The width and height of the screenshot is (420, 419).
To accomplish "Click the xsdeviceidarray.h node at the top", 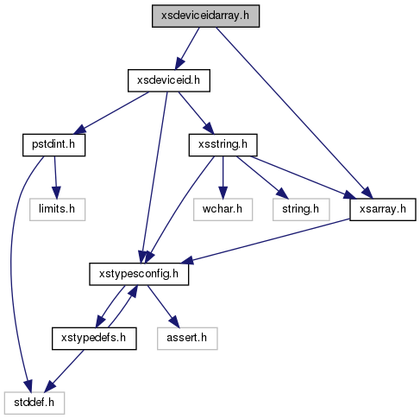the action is click(x=205, y=16).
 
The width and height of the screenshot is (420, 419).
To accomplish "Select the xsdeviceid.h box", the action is click(x=169, y=80).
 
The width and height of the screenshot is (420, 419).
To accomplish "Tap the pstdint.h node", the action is click(x=53, y=145).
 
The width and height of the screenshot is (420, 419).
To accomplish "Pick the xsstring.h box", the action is click(x=223, y=145).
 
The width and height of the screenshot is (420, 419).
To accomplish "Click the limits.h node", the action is click(x=57, y=210).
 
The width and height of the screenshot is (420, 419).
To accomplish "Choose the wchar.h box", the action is click(x=223, y=210).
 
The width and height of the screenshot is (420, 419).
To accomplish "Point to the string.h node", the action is click(x=301, y=210).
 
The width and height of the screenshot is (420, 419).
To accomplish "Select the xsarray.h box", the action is click(x=383, y=210).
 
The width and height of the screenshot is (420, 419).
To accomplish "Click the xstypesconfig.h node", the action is click(x=139, y=274).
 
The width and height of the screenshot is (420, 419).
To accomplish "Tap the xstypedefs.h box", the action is click(x=94, y=339).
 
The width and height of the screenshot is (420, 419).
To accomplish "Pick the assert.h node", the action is click(x=187, y=339).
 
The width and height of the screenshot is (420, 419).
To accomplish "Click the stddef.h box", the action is click(x=34, y=403).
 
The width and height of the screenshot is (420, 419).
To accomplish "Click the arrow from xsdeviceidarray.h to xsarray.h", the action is click(x=294, y=113).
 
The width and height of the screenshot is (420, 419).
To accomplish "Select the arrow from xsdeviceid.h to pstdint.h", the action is click(x=111, y=113).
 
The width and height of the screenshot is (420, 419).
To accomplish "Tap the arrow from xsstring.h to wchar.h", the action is click(x=223, y=177).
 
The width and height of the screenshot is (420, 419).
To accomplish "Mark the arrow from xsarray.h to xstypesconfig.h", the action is click(x=265, y=241).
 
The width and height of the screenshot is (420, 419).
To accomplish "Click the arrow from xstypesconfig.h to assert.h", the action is click(x=163, y=307).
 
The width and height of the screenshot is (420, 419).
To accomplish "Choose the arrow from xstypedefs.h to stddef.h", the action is click(x=66, y=371).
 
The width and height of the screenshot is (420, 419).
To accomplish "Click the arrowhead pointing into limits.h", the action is click(x=56, y=193).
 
